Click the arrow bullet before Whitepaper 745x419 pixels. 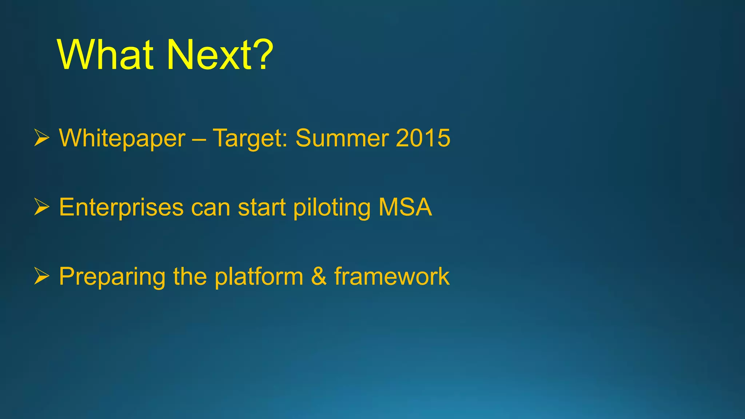click(x=41, y=138)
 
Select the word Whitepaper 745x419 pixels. click(x=122, y=138)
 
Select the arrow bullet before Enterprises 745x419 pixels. click(x=41, y=207)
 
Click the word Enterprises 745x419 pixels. click(x=121, y=207)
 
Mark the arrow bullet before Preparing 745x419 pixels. click(x=41, y=276)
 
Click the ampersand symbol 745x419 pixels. click(x=319, y=276)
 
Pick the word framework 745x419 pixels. click(x=392, y=276)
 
